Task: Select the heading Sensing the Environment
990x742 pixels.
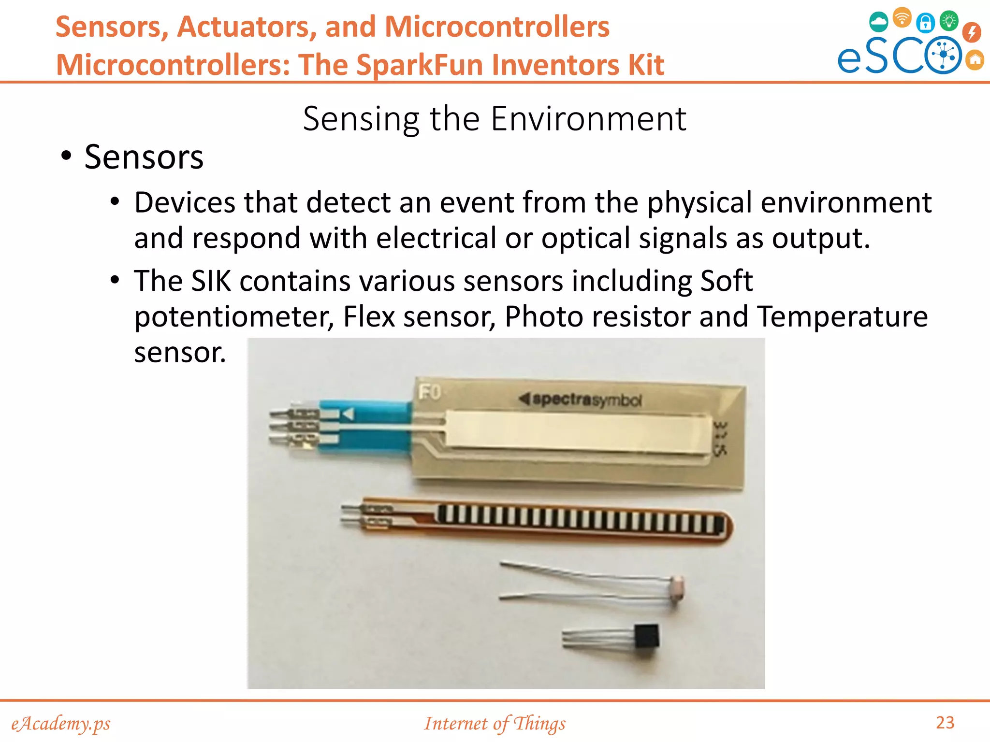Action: click(494, 118)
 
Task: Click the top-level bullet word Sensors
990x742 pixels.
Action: click(144, 157)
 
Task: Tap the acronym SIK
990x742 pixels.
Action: click(211, 281)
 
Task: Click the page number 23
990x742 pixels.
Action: click(945, 723)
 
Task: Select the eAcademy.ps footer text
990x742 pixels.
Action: click(61, 724)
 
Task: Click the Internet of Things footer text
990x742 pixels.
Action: click(495, 724)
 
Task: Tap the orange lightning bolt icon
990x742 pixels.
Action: click(971, 32)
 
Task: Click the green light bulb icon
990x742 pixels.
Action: click(948, 21)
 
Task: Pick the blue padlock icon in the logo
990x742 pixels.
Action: click(925, 22)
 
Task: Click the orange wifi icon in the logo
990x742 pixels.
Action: click(902, 18)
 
